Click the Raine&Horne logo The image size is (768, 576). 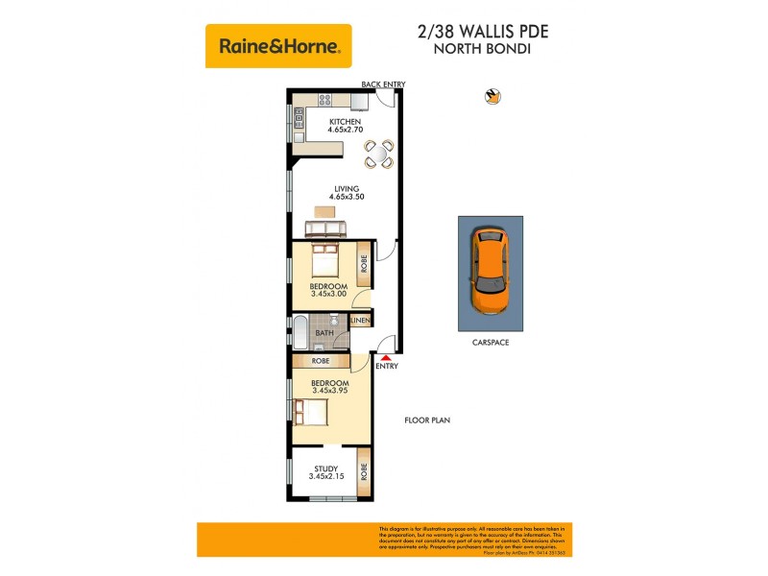[278, 45]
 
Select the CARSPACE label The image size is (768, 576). [490, 342]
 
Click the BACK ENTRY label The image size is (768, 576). [383, 84]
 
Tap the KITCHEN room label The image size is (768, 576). [346, 122]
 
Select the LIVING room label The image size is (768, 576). [346, 189]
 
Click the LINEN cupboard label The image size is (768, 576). [361, 321]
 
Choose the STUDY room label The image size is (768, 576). [326, 468]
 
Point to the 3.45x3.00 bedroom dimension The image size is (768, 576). [327, 294]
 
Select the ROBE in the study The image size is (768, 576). [364, 472]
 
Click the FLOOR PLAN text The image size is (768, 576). [427, 420]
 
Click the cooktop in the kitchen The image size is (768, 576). [325, 98]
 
